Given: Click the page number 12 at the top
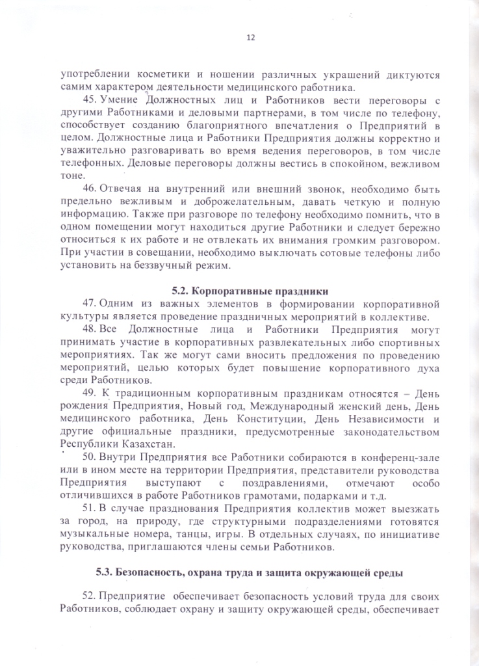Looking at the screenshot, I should (x=250, y=37).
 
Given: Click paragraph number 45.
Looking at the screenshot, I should (x=90, y=100).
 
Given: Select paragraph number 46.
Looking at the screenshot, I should (x=90, y=189).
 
